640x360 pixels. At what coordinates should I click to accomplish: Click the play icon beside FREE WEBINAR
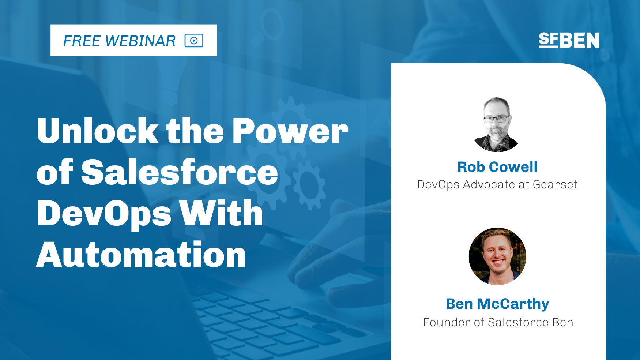pyautogui.click(x=194, y=40)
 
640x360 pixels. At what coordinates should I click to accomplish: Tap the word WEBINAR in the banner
pyautogui.click(x=140, y=41)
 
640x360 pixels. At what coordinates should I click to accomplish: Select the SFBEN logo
pyautogui.click(x=569, y=40)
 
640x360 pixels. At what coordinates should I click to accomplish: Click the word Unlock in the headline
pyautogui.click(x=98, y=131)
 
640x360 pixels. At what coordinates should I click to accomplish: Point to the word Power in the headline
pyautogui.click(x=290, y=131)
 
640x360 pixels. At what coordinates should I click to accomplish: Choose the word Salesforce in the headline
pyautogui.click(x=180, y=172)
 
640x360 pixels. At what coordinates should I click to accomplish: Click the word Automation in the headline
pyautogui.click(x=141, y=255)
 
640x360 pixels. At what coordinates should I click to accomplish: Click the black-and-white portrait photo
pyautogui.click(x=497, y=124)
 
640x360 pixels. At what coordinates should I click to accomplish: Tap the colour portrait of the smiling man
pyautogui.click(x=497, y=256)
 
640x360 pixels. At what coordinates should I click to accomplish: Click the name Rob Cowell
pyautogui.click(x=497, y=167)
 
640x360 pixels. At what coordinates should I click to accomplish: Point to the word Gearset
pyautogui.click(x=555, y=184)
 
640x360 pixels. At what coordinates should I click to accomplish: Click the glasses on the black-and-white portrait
pyautogui.click(x=496, y=119)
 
